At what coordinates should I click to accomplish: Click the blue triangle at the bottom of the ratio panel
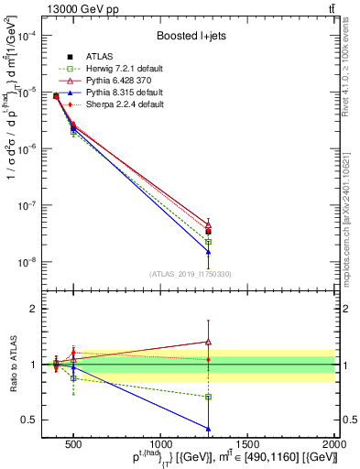(x=209, y=428)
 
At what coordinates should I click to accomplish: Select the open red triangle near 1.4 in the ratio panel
(x=209, y=342)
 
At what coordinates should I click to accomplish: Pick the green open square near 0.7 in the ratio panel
(x=209, y=397)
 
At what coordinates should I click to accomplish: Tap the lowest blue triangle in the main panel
(x=209, y=251)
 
